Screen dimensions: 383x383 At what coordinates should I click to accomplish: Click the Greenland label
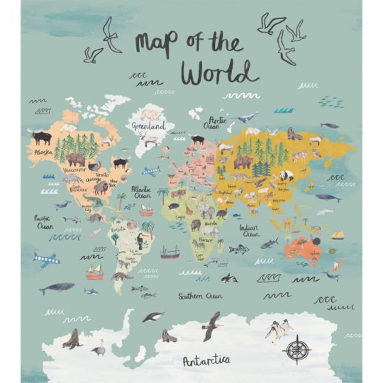148,126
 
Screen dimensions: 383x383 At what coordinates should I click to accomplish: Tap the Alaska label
43,151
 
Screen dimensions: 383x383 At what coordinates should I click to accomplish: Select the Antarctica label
206,361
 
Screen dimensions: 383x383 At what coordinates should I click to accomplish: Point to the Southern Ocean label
200,295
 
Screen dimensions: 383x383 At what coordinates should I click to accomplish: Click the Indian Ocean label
250,231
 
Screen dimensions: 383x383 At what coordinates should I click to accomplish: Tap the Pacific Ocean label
44,223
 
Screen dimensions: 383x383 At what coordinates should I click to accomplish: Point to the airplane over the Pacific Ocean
46,259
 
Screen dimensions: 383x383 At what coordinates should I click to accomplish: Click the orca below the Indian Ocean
228,278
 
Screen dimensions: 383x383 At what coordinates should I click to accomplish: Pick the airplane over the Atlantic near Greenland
151,171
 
